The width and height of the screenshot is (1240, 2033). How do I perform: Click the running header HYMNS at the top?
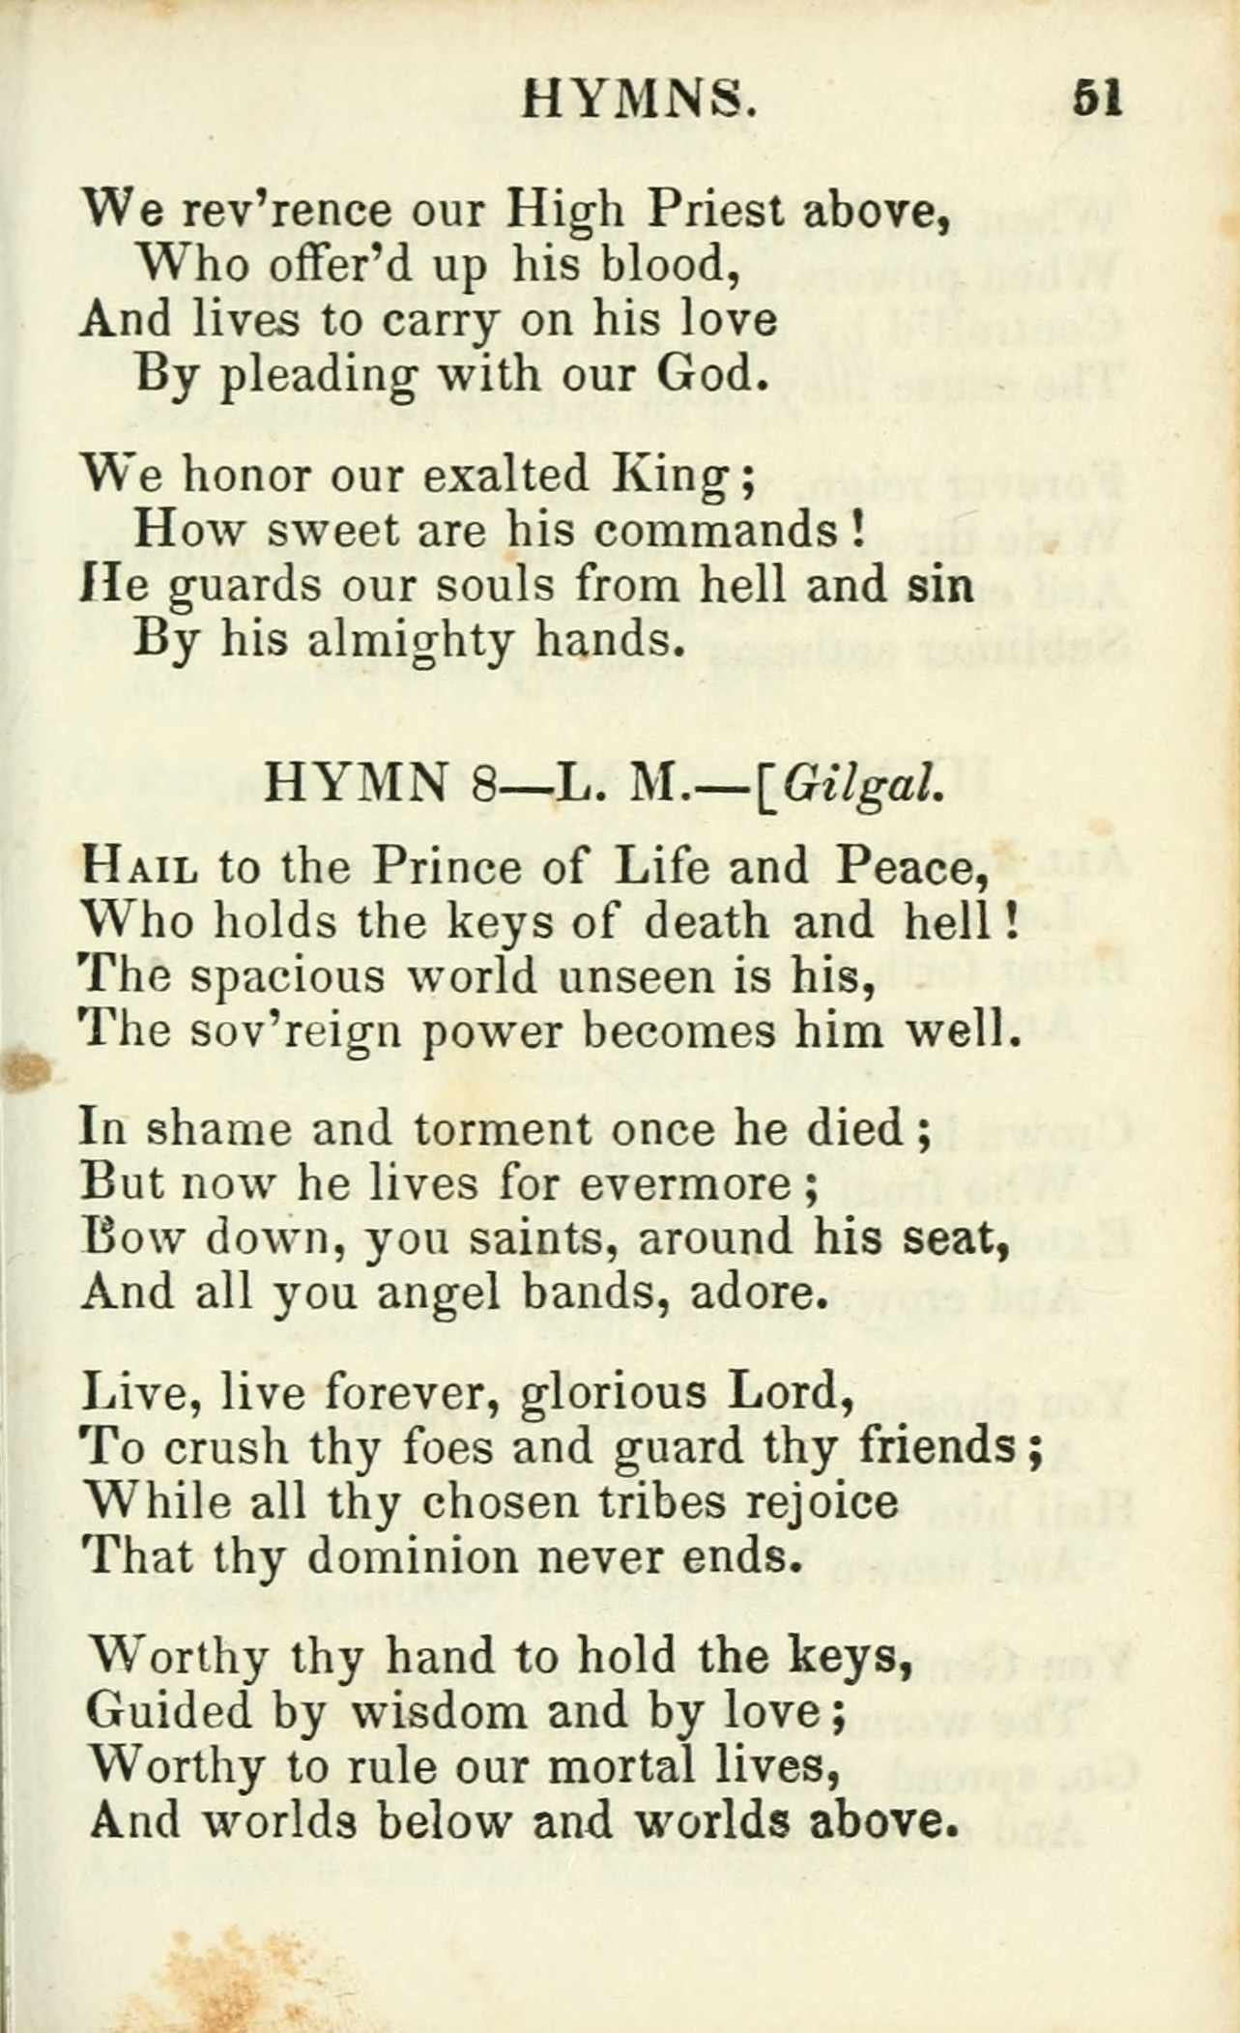coord(639,99)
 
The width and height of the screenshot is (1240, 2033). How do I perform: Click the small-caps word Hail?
coord(142,867)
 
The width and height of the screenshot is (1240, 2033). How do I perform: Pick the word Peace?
coord(910,867)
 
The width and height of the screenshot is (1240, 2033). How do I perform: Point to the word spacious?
coord(288,978)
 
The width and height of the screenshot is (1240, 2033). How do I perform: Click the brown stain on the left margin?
coord(27,1070)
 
